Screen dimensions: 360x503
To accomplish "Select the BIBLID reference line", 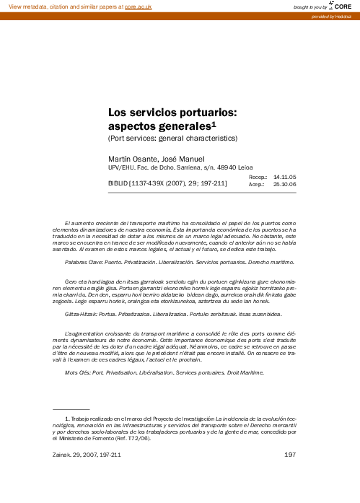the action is tap(167, 184).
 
